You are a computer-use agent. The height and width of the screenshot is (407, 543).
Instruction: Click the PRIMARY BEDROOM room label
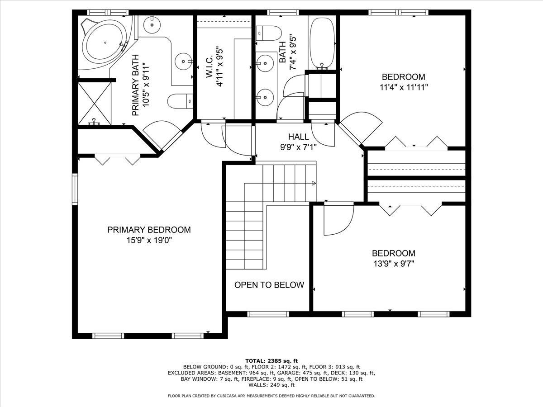click(x=149, y=230)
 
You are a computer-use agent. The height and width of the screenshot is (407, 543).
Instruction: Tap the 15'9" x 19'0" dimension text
click(x=149, y=240)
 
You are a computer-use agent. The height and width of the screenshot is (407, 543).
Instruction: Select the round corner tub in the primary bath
click(x=104, y=43)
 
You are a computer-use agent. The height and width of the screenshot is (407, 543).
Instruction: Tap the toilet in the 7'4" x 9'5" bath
click(x=267, y=33)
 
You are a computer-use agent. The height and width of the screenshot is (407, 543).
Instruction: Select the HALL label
click(x=299, y=137)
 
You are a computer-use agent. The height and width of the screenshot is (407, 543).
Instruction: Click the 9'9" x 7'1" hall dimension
click(x=299, y=147)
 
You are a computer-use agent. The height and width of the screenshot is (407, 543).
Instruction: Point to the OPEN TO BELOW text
click(x=269, y=285)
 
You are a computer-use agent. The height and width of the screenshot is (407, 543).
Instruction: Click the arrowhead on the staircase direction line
click(x=314, y=183)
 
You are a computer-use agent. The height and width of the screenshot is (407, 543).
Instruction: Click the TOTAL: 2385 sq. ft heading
click(x=271, y=360)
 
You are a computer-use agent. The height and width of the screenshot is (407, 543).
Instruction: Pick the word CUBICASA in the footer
click(x=226, y=396)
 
